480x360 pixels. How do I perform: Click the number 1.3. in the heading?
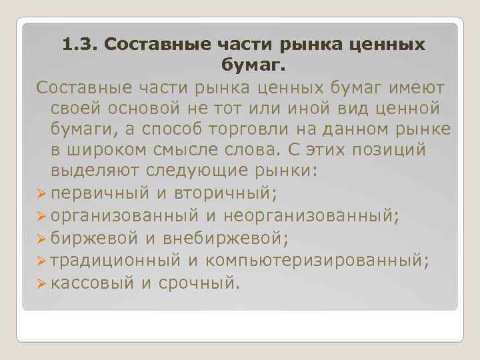pyautogui.click(x=80, y=45)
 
